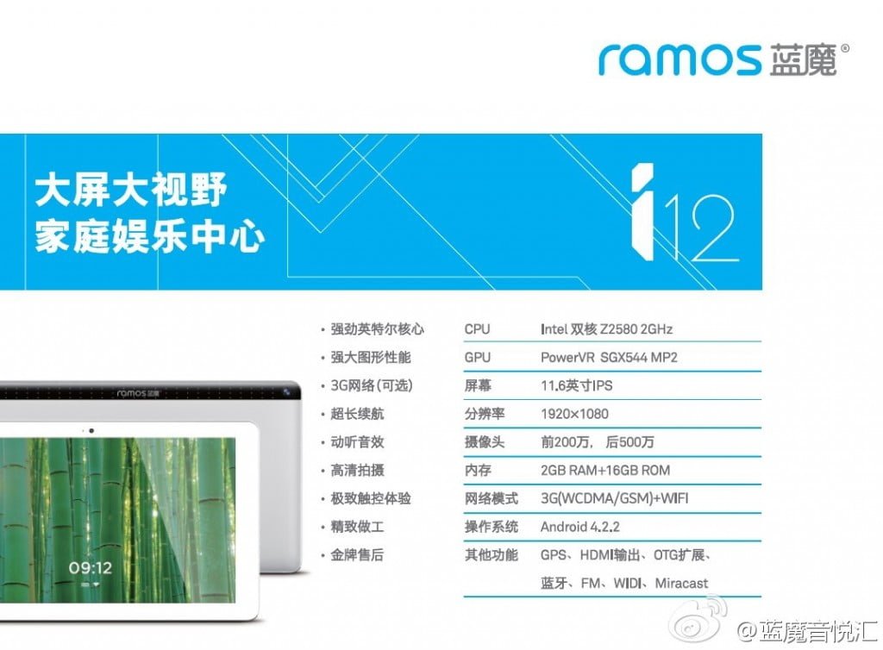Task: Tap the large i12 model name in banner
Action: tap(684, 212)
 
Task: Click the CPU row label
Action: tap(477, 329)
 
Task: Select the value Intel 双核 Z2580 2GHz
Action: tap(606, 329)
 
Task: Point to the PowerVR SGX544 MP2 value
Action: tap(609, 358)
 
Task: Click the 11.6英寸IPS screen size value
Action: tap(576, 385)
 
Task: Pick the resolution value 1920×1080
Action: tap(574, 414)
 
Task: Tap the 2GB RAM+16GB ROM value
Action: tap(605, 470)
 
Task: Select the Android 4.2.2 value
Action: tap(580, 527)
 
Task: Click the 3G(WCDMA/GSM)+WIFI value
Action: tap(614, 498)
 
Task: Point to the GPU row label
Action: tap(478, 358)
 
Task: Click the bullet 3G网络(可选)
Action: tap(371, 385)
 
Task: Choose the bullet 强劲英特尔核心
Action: tap(377, 329)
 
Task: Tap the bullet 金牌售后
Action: tap(356, 555)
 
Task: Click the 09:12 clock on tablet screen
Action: tap(90, 568)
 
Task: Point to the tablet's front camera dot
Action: tap(91, 431)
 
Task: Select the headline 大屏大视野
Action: tap(131, 190)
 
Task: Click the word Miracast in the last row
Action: tap(681, 584)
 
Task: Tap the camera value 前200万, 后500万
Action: tap(597, 441)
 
